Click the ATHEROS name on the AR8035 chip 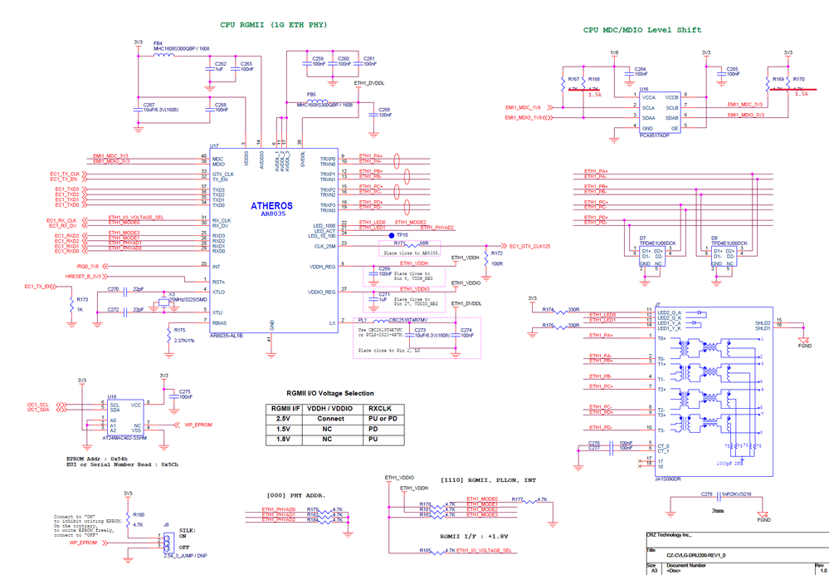pos(271,205)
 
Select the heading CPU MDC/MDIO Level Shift pos(641,30)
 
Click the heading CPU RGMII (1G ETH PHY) pos(273,25)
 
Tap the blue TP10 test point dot pos(393,236)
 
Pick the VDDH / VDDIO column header pos(329,408)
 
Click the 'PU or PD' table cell pos(378,419)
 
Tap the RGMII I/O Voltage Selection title pos(329,393)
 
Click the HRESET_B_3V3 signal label pos(84,276)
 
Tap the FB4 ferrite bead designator pos(158,42)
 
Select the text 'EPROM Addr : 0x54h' pos(97,458)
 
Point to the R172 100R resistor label pos(496,258)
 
